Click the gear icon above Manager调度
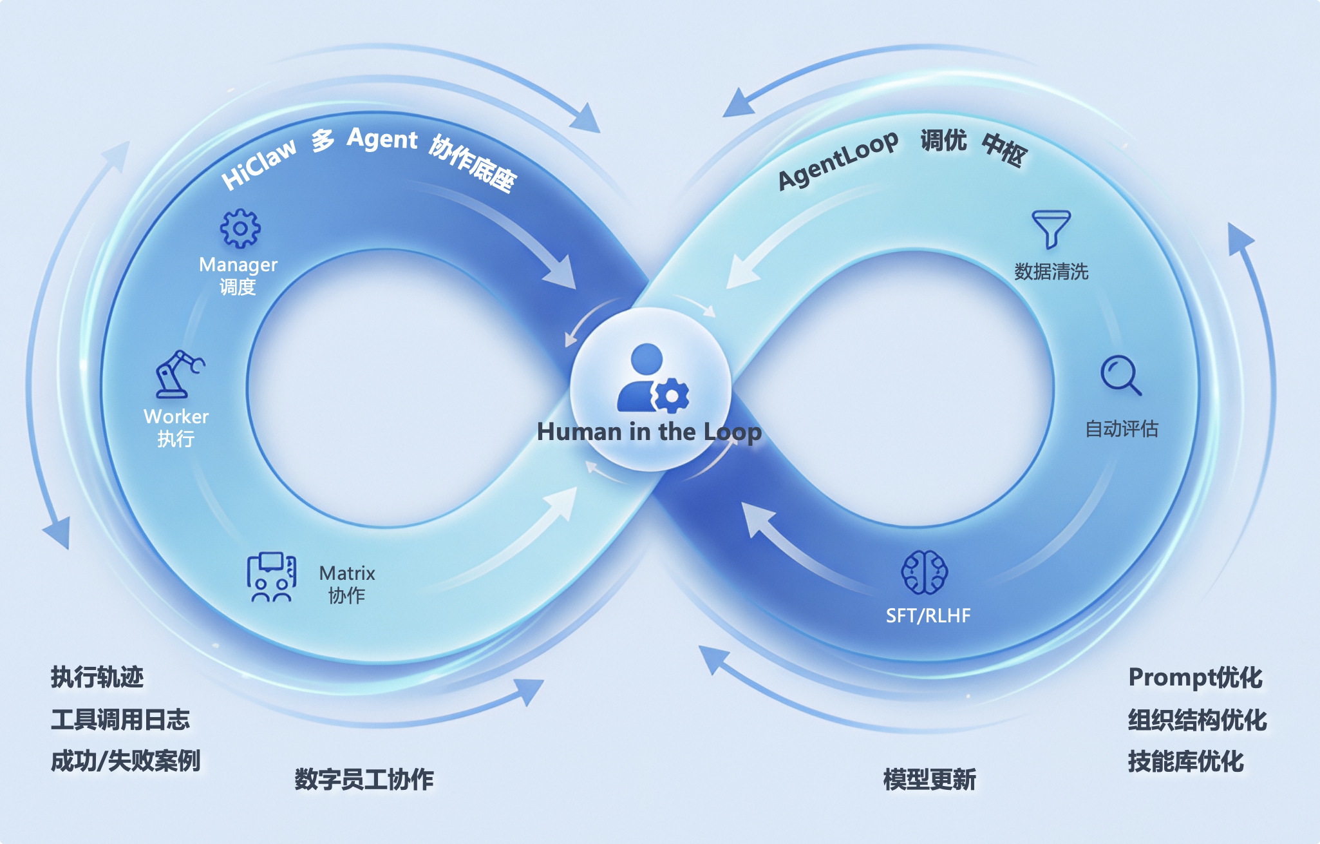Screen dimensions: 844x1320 pyautogui.click(x=240, y=228)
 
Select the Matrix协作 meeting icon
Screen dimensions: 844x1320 pyautogui.click(x=272, y=577)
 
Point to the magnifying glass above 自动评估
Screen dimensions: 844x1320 pyautogui.click(x=1120, y=376)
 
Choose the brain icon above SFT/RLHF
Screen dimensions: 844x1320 pyautogui.click(x=925, y=571)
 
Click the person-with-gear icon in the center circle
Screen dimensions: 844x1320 pyautogui.click(x=652, y=379)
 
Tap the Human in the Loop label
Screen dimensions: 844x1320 pyautogui.click(x=649, y=432)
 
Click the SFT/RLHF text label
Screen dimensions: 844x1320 pyautogui.click(x=928, y=615)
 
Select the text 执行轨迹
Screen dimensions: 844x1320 pyautogui.click(x=97, y=677)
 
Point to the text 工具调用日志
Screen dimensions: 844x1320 pyautogui.click(x=120, y=719)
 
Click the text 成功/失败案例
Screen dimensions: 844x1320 pyautogui.click(x=126, y=761)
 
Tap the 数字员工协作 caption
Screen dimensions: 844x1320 pyautogui.click(x=364, y=780)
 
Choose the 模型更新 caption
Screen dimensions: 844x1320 pyautogui.click(x=929, y=780)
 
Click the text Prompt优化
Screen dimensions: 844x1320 pyautogui.click(x=1195, y=677)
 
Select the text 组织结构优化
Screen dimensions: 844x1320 pyautogui.click(x=1197, y=720)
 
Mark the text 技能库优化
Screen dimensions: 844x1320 pyautogui.click(x=1185, y=762)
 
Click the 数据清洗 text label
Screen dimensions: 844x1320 pyautogui.click(x=1051, y=271)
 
